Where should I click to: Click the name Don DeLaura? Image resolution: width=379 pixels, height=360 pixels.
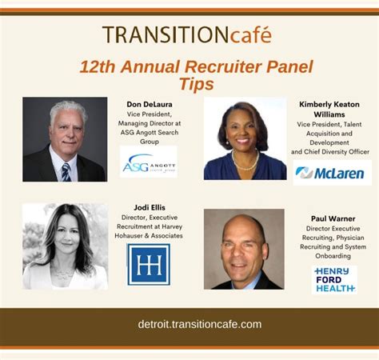(x=149, y=104)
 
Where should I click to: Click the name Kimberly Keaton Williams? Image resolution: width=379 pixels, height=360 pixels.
(x=329, y=110)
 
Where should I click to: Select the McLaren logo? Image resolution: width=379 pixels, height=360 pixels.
(x=331, y=172)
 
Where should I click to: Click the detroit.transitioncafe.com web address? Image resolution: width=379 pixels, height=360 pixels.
(x=189, y=324)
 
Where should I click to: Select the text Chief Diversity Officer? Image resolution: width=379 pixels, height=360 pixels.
(x=337, y=151)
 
